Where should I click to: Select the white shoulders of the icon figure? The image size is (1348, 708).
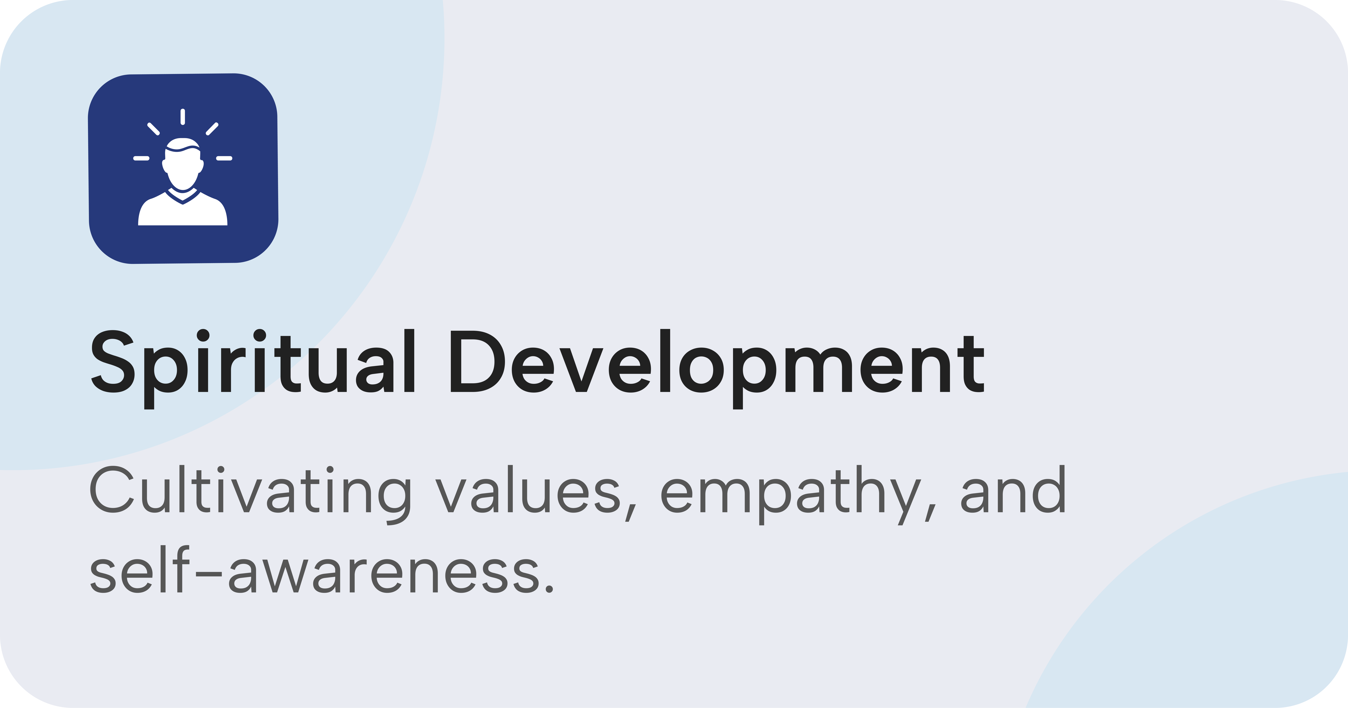tap(183, 209)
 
